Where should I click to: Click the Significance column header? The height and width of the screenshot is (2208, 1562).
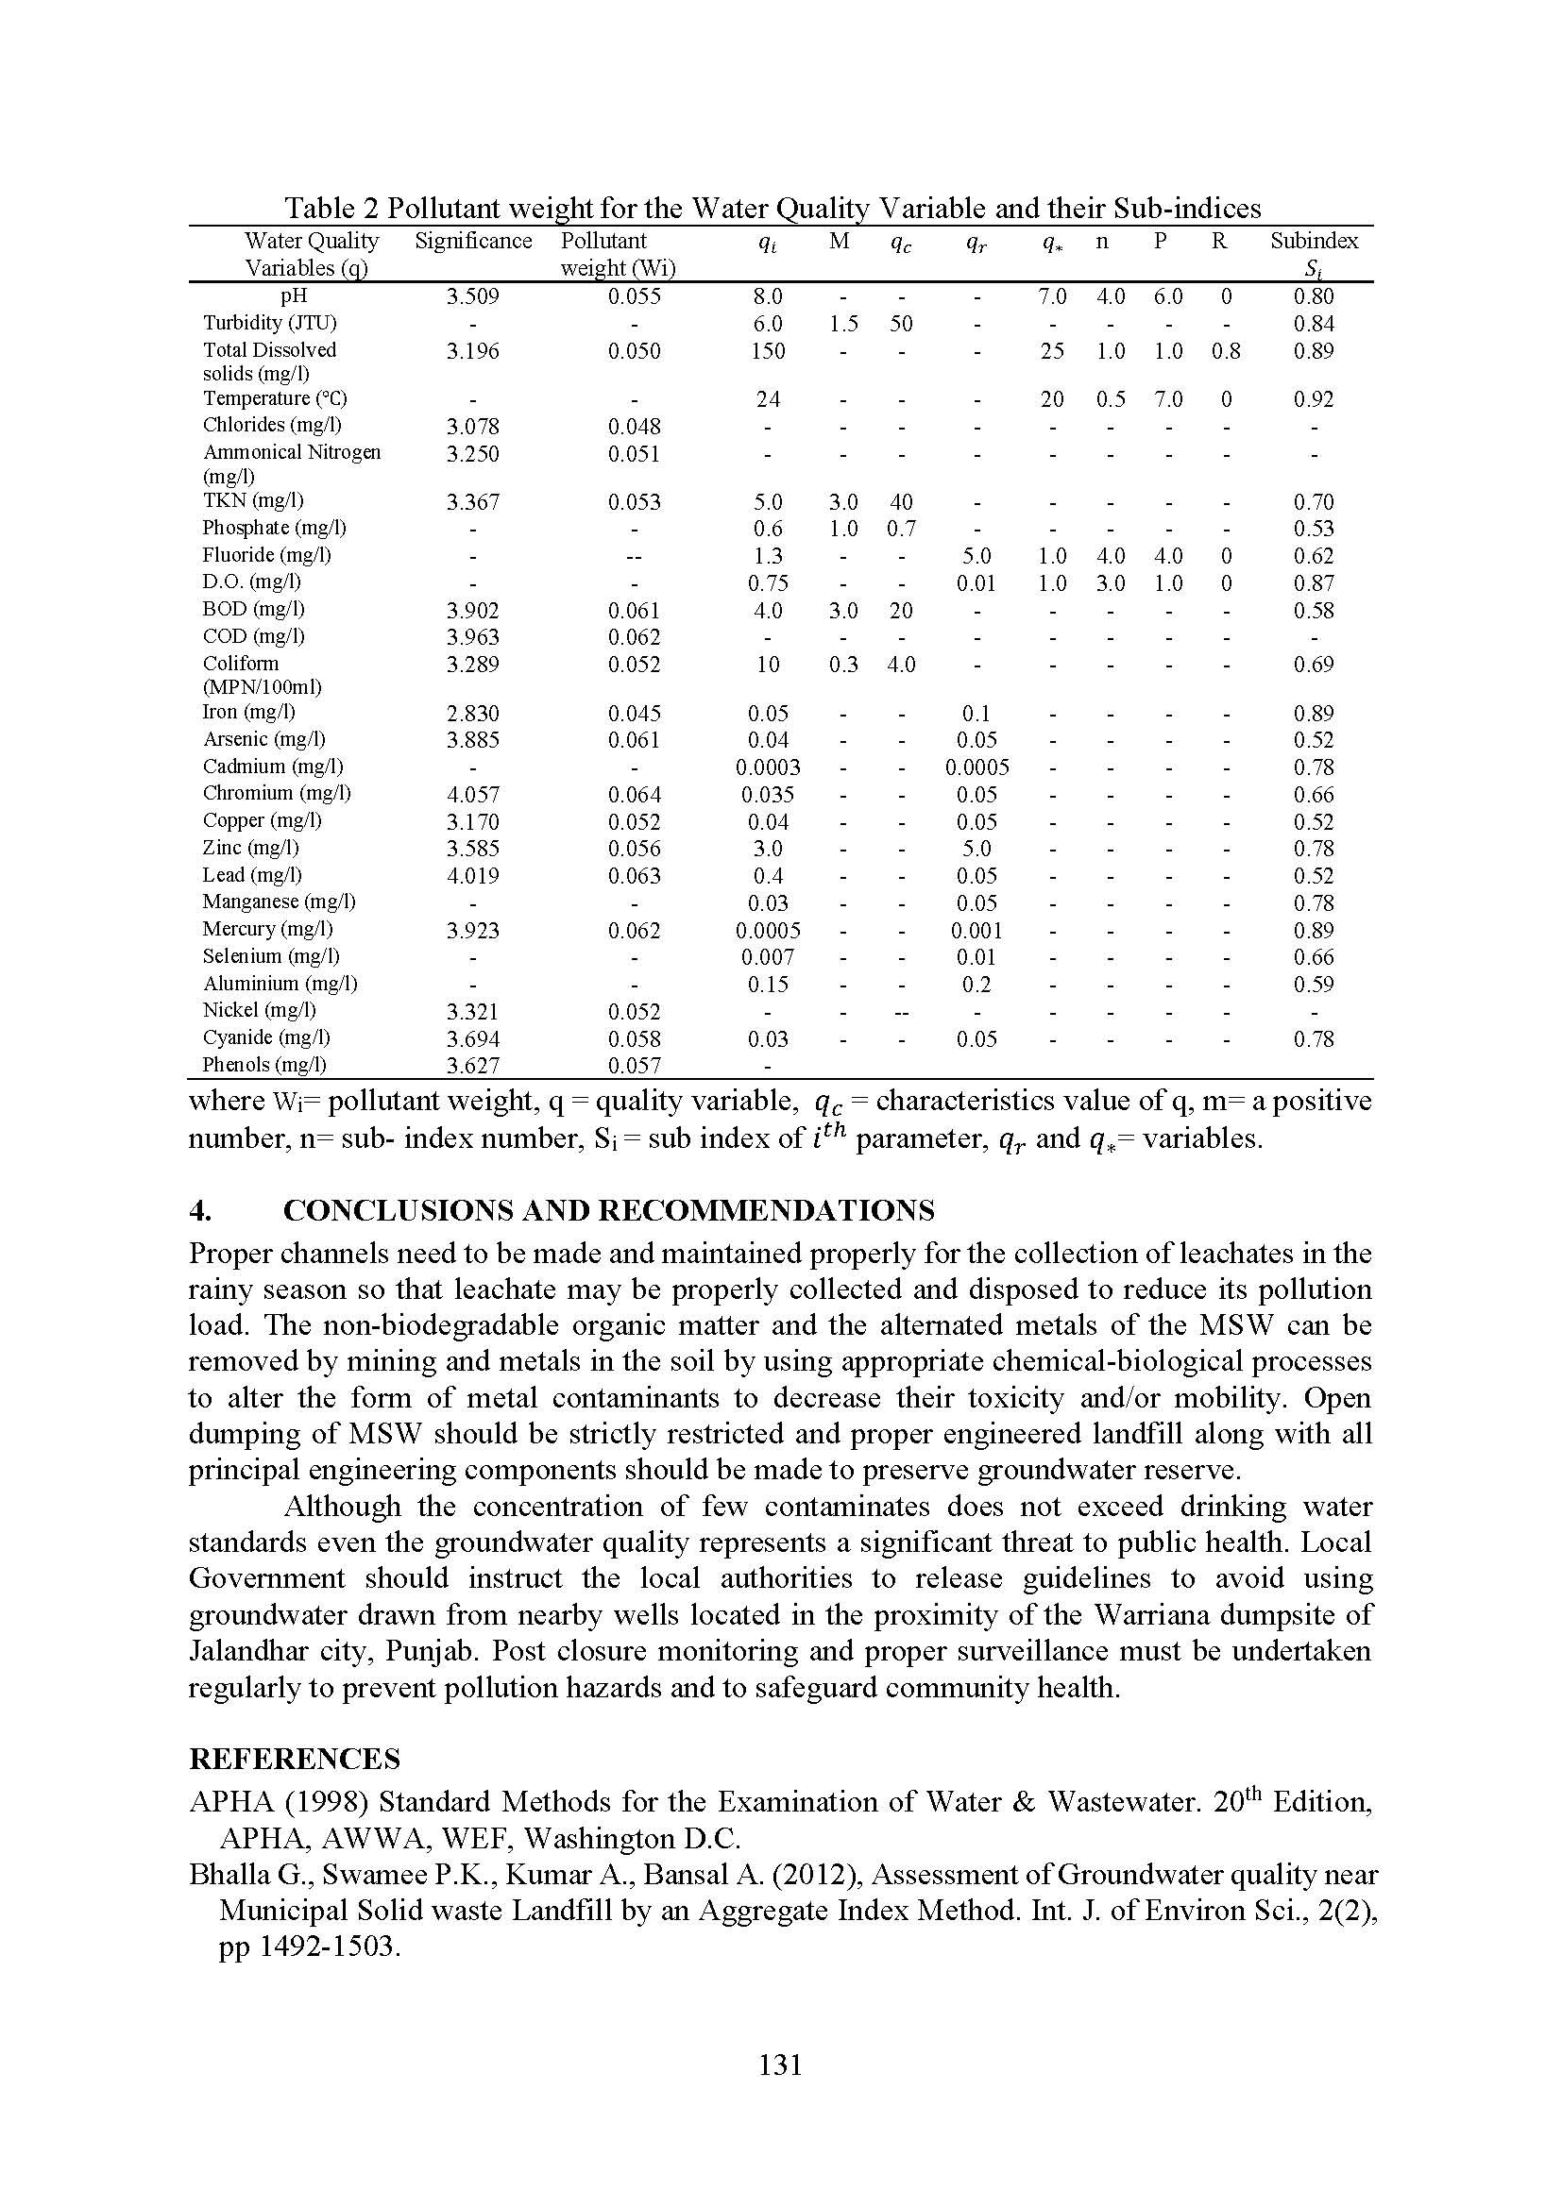click(472, 242)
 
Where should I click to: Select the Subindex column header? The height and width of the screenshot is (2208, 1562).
click(1313, 242)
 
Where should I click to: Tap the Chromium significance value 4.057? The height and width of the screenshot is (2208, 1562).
click(472, 794)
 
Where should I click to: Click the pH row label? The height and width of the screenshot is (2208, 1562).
click(294, 296)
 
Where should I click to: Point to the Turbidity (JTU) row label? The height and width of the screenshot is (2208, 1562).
click(269, 323)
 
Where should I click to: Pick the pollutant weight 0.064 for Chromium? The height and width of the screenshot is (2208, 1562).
click(634, 794)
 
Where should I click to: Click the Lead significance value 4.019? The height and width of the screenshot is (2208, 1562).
click(472, 876)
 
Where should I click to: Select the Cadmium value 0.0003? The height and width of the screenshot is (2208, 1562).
click(768, 767)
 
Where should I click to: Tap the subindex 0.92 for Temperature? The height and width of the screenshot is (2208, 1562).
click(1313, 399)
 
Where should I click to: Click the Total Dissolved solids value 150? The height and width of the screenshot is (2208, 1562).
click(768, 351)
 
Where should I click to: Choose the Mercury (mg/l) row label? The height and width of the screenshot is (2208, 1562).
click(267, 929)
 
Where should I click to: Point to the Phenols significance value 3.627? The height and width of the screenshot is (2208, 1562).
click(472, 1066)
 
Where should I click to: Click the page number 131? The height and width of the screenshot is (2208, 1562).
click(780, 2065)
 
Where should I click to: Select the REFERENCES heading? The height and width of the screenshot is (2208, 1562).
click(294, 1759)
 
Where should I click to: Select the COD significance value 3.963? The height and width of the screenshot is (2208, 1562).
click(472, 637)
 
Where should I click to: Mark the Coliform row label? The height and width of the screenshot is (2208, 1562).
click(241, 664)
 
